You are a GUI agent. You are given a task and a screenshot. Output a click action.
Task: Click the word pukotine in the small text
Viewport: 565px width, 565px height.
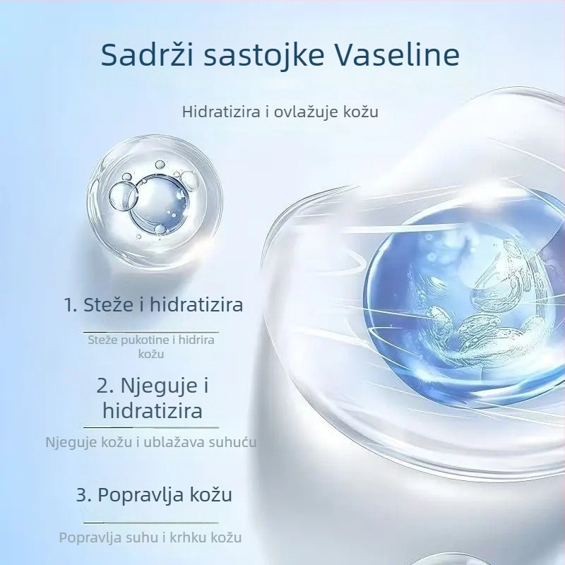coord(144,340)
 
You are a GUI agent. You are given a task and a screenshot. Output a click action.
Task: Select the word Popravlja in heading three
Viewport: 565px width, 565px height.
coord(140,494)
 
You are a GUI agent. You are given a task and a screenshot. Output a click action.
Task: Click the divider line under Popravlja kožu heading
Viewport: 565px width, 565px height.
coord(151,522)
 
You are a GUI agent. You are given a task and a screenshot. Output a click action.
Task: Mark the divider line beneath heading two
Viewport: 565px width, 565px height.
coord(151,427)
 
